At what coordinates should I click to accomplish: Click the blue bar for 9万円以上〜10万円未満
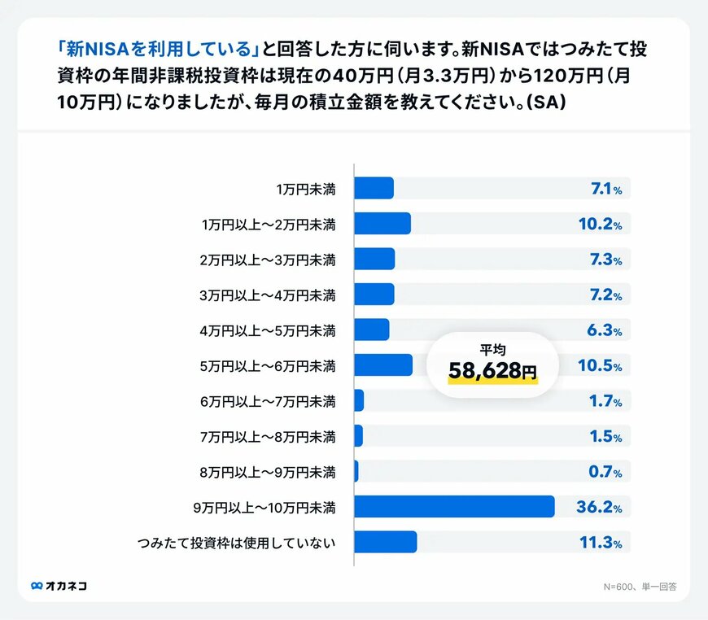(454, 506)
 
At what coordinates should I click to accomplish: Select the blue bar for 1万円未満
(374, 188)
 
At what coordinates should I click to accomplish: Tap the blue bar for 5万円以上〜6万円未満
(383, 365)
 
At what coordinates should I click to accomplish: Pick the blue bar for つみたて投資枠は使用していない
(386, 542)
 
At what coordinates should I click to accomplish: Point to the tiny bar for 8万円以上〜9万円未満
(356, 471)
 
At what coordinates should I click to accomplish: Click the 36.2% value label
(599, 507)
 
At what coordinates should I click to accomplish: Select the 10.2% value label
(599, 224)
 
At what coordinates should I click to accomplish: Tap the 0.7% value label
(605, 471)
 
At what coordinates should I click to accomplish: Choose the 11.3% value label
(600, 543)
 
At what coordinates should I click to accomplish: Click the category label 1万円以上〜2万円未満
(269, 225)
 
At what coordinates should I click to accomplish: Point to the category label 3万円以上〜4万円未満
(269, 295)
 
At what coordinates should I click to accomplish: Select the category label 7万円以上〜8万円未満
(269, 437)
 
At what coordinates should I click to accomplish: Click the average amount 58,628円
(492, 371)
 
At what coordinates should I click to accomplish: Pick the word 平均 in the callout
(492, 349)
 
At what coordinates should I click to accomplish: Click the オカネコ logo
(59, 585)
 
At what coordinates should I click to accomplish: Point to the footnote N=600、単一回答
(640, 585)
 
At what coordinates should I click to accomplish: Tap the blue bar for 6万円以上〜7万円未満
(359, 401)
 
